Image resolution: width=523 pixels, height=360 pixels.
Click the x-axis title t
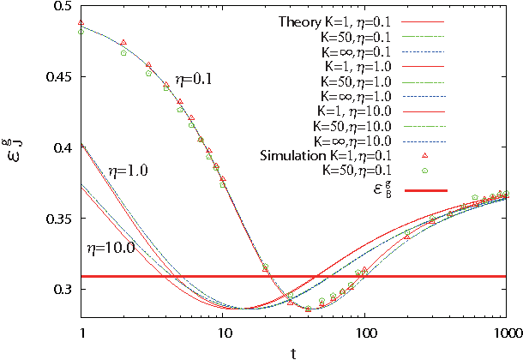[x=293, y=351]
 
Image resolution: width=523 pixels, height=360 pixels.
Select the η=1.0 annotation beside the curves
[x=129, y=171]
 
